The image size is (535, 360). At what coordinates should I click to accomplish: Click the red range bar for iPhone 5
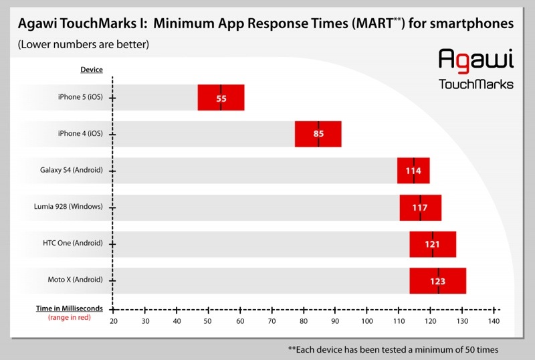221,98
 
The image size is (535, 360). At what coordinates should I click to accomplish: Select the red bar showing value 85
318,134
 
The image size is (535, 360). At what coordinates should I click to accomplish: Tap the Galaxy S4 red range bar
413,171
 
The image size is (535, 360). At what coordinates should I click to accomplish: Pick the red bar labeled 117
420,207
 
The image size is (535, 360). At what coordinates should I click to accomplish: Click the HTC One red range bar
433,244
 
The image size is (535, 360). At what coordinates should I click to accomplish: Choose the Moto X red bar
437,280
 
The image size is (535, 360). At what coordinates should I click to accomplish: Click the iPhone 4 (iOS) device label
80,134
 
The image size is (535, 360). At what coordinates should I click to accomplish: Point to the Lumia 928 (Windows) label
69,207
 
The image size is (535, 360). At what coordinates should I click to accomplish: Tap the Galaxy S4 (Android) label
72,170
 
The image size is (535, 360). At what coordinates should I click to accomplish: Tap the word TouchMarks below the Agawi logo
475,84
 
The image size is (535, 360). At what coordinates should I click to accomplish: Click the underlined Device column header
92,70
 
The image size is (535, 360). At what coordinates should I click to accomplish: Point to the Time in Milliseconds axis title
70,308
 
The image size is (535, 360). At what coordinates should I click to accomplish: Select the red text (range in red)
70,317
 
